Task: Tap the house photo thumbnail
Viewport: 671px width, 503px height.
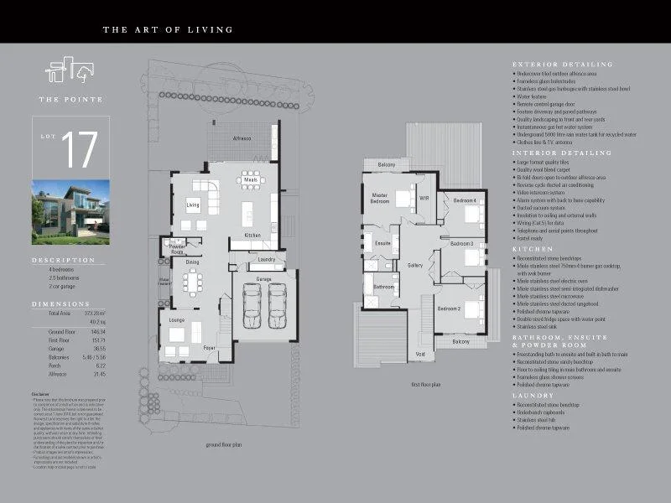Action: (x=70, y=212)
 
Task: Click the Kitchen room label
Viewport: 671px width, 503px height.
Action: (x=252, y=236)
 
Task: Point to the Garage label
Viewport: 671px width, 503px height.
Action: (x=263, y=278)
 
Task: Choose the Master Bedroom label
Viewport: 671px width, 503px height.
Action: (x=379, y=199)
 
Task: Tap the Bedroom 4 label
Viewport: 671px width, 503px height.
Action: (x=465, y=201)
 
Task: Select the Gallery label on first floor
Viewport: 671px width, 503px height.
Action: (x=415, y=265)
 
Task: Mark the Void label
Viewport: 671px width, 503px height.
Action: (x=420, y=355)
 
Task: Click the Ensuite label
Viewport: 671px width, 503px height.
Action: (x=382, y=244)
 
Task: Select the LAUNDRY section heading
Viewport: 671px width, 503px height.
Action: (x=533, y=396)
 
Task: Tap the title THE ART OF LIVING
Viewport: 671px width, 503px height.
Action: (x=168, y=30)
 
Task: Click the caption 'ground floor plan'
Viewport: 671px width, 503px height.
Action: (x=224, y=445)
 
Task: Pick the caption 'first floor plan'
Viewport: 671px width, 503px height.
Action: (x=426, y=384)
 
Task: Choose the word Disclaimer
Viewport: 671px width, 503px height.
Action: (x=41, y=393)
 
